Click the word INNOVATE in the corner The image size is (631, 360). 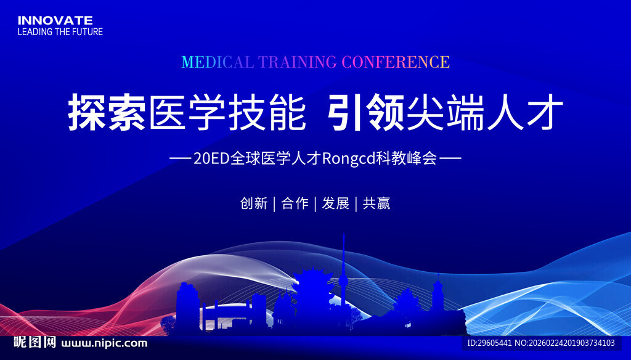click(x=55, y=20)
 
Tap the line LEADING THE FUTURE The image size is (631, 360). click(x=60, y=31)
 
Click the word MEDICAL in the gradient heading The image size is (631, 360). click(x=218, y=62)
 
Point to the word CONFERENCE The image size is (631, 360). click(x=395, y=62)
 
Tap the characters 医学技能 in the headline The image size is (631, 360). click(x=227, y=112)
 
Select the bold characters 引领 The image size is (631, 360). click(x=367, y=112)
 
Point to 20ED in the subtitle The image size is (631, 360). click(x=211, y=159)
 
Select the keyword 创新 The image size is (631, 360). click(x=253, y=203)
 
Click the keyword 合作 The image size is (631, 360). click(x=295, y=203)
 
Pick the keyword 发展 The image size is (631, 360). click(x=335, y=203)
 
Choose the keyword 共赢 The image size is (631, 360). click(x=376, y=203)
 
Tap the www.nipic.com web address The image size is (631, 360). click(x=105, y=343)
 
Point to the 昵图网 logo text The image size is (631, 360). click(x=35, y=343)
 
